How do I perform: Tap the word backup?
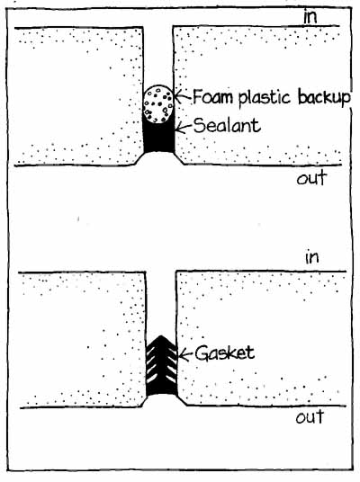click(324, 97)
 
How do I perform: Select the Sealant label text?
click(228, 125)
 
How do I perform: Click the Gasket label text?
click(225, 353)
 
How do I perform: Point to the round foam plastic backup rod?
click(158, 104)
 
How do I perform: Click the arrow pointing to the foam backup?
click(184, 96)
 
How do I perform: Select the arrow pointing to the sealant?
click(184, 127)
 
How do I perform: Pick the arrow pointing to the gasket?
click(185, 354)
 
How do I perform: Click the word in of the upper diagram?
click(310, 16)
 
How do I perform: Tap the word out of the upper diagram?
click(311, 178)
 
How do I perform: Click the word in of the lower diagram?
click(312, 257)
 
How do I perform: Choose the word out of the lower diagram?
click(310, 417)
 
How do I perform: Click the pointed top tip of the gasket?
click(160, 335)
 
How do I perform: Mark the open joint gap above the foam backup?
click(158, 56)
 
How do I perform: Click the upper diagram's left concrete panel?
click(79, 96)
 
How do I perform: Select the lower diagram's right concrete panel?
click(262, 338)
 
